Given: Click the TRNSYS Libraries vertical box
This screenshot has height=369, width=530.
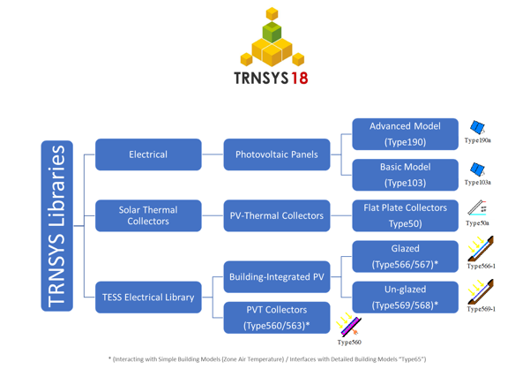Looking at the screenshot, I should click(56, 226).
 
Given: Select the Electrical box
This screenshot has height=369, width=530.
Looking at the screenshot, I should click(148, 154).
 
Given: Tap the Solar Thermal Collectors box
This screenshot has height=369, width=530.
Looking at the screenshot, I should click(148, 215).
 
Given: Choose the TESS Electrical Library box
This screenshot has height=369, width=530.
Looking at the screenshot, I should click(148, 297).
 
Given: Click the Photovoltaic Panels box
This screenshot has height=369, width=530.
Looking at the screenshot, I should click(276, 154).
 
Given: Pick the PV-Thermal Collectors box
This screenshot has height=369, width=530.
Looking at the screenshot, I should click(276, 215).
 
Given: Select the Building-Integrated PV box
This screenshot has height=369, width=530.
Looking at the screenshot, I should click(276, 277).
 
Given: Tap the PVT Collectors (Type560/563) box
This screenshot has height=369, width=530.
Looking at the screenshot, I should click(276, 318).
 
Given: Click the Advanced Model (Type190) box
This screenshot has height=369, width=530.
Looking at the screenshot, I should click(405, 134).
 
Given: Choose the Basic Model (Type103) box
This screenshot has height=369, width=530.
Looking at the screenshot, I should click(405, 175).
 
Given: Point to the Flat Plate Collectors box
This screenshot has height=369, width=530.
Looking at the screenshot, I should click(405, 215).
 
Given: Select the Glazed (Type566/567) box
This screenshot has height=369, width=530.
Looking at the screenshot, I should click(405, 257).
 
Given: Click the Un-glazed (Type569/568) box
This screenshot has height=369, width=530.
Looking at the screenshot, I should click(405, 297).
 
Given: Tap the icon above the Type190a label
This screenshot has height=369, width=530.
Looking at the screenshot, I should click(477, 129).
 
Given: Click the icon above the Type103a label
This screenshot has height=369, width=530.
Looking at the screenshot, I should click(477, 169).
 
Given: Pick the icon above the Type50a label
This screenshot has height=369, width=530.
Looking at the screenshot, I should click(477, 207).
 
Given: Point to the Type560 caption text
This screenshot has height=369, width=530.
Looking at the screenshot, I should click(349, 342).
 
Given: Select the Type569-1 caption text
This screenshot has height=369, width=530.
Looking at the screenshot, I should click(481, 309).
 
